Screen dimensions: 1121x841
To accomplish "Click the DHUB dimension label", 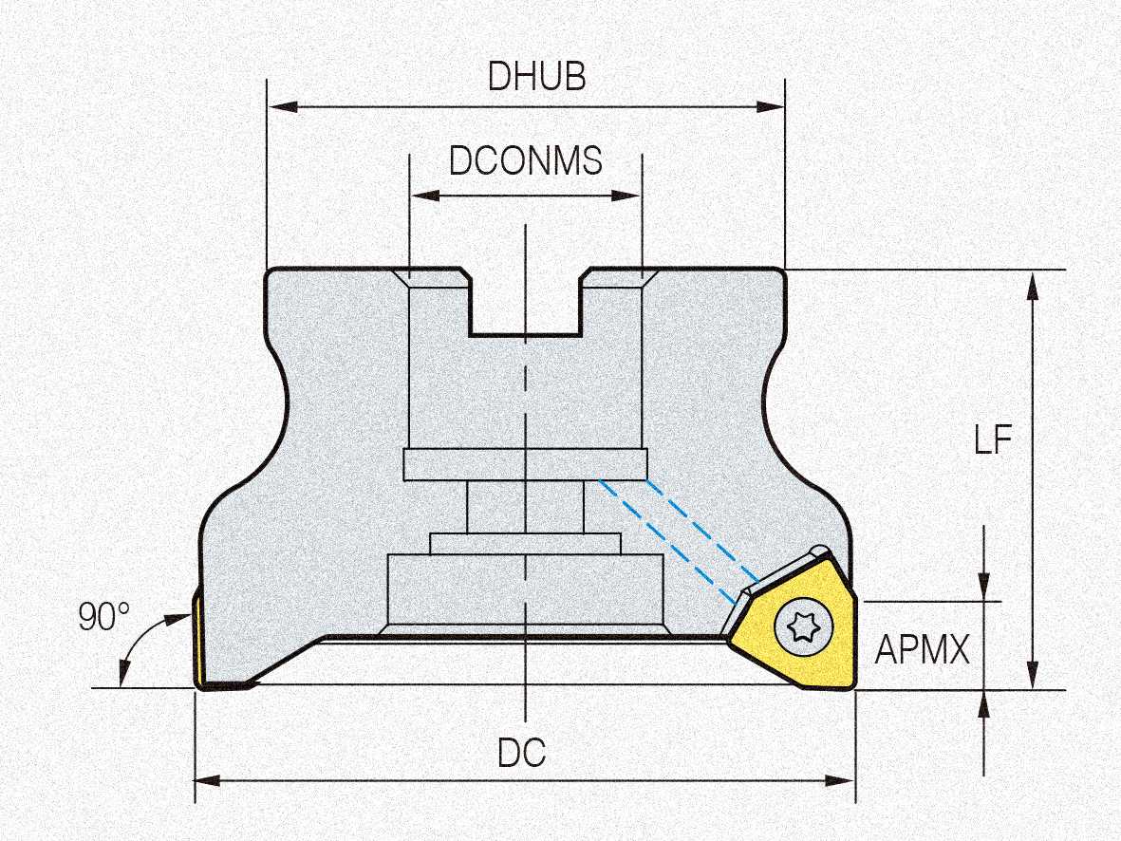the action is pos(536,76).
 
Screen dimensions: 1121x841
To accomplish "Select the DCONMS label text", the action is pos(526,160).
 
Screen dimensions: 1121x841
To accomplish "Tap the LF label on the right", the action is pos(993,439).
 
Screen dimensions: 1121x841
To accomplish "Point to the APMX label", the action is pos(923,649).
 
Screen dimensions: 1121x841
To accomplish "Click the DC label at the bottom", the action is pos(522,753).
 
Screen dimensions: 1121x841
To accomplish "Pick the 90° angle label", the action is pos(104,616).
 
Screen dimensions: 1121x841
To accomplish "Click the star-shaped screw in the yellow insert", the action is pos(802,627).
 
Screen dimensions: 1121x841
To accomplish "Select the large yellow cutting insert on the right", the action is pos(794,621).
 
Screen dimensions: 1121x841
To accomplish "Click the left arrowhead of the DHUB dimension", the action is pos(283,107).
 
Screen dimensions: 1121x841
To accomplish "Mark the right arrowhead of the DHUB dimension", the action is pos(770,107).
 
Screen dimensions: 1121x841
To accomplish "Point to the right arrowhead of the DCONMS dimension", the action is pos(626,196).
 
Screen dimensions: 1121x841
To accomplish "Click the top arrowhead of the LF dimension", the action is pos(1033,286).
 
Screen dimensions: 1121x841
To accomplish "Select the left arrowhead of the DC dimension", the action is pos(210,780).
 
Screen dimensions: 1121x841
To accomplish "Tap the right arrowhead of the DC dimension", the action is pos(841,780).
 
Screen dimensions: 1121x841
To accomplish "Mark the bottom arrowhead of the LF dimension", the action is pos(1033,675).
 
